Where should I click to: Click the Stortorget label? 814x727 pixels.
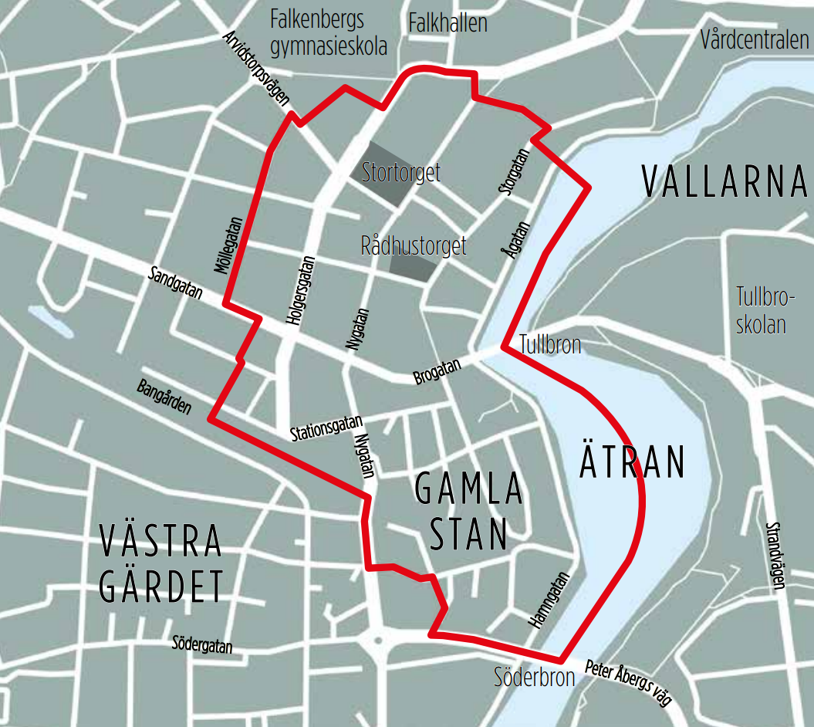[x=401, y=171]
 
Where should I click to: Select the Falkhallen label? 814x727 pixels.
[x=448, y=22]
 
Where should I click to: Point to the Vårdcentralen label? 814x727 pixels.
[x=754, y=39]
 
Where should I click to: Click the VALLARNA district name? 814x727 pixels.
[x=724, y=184]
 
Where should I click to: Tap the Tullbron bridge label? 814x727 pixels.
[x=550, y=344]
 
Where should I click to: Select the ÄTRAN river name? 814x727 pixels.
[x=632, y=462]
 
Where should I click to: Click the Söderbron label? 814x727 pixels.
[x=535, y=678]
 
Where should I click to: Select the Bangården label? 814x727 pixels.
[x=164, y=396]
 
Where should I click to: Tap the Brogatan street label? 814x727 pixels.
[x=437, y=370]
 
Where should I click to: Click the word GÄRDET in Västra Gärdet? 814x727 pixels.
[x=162, y=587]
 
